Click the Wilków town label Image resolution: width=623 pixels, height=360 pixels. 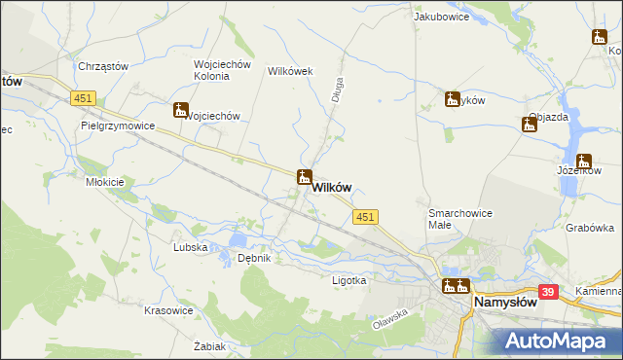(x=332, y=188)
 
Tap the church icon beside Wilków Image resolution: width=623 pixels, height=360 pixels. (x=305, y=177)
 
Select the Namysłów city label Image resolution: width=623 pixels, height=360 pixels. (x=505, y=303)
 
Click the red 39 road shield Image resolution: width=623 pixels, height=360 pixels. (x=548, y=291)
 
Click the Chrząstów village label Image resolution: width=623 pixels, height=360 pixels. (x=103, y=66)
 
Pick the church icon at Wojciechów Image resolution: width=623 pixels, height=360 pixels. (x=181, y=111)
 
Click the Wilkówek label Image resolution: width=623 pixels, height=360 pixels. (x=288, y=71)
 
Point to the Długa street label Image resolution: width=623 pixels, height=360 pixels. (x=337, y=90)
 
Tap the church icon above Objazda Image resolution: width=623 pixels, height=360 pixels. (x=530, y=124)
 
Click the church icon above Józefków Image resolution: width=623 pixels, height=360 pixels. (x=584, y=162)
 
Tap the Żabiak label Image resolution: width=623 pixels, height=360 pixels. (x=210, y=346)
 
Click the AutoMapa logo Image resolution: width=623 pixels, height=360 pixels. (x=559, y=341)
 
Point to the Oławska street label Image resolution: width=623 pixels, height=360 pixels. (x=389, y=312)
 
